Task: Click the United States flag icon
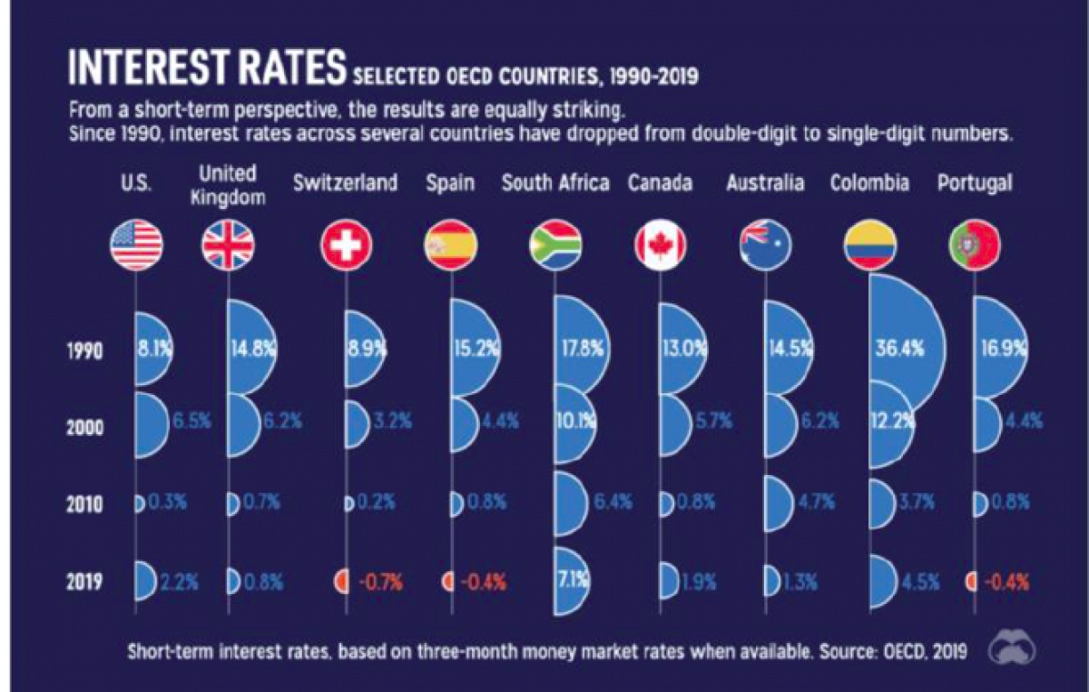pyautogui.click(x=136, y=245)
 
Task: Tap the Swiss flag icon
pyautogui.click(x=347, y=245)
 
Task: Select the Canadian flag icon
pyautogui.click(x=660, y=245)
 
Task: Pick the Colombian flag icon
pyautogui.click(x=869, y=245)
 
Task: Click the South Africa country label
pyautogui.click(x=555, y=183)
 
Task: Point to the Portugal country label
pyautogui.click(x=974, y=183)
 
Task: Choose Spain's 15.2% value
pyautogui.click(x=471, y=350)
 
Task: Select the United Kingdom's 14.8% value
pyautogui.click(x=252, y=350)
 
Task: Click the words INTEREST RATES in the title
pyautogui.click(x=207, y=69)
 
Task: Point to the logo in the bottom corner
pyautogui.click(x=1014, y=648)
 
